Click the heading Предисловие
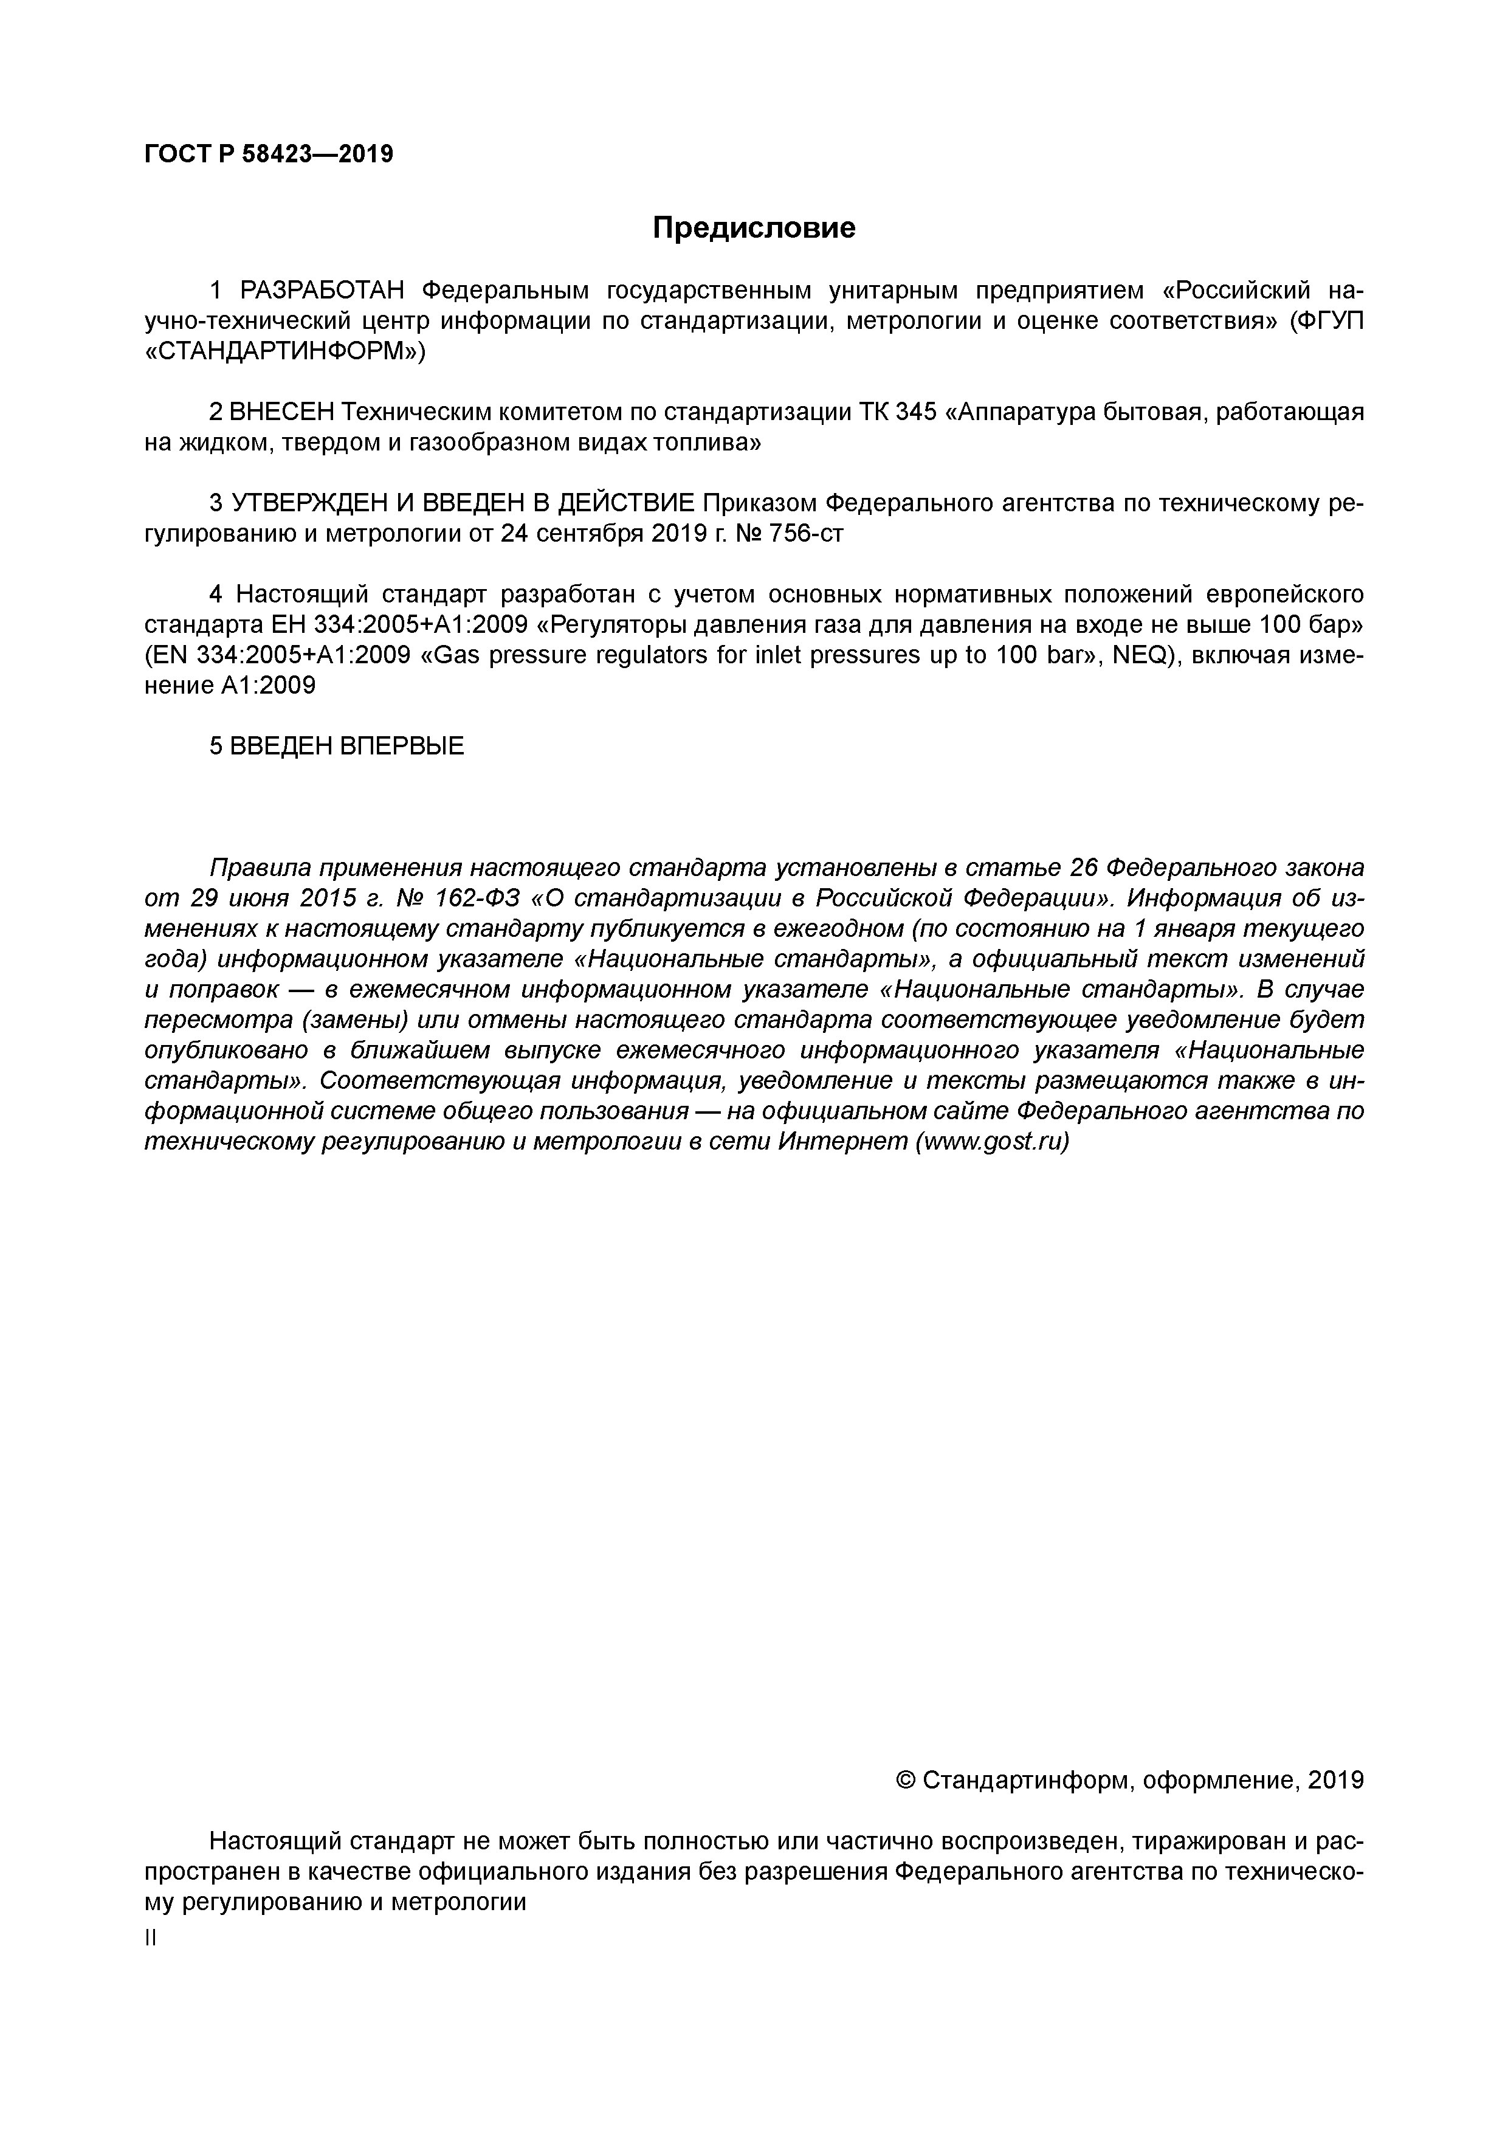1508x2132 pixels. click(753, 227)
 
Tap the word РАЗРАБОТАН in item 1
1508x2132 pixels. click(322, 292)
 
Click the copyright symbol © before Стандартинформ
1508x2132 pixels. click(906, 1780)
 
